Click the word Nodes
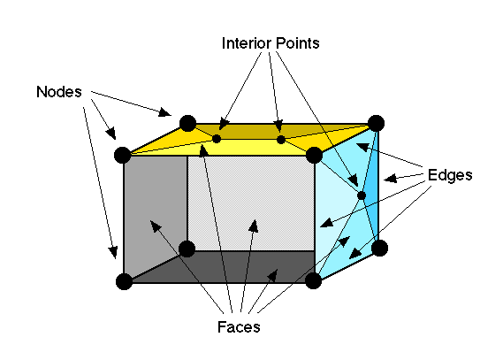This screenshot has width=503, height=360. pyautogui.click(x=58, y=91)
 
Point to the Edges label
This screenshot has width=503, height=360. pyautogui.click(x=450, y=174)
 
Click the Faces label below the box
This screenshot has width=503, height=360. pyautogui.click(x=238, y=327)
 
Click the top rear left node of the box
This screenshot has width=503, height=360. pyautogui.click(x=187, y=123)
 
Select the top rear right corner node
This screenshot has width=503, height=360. pyautogui.click(x=376, y=123)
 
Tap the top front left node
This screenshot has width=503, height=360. pyautogui.click(x=124, y=156)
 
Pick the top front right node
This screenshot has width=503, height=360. pyautogui.click(x=314, y=156)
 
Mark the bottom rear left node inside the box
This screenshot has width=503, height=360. pyautogui.click(x=187, y=249)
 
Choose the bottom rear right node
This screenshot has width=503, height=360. pyautogui.click(x=378, y=248)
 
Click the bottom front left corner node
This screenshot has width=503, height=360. pyautogui.click(x=124, y=282)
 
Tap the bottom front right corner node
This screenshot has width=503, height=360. pyautogui.click(x=314, y=281)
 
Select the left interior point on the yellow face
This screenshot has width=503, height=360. pyautogui.click(x=217, y=138)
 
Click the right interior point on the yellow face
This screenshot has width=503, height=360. pyautogui.click(x=280, y=139)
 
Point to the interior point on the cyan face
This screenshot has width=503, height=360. pyautogui.click(x=362, y=195)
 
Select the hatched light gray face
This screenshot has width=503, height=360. pyautogui.click(x=252, y=203)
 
